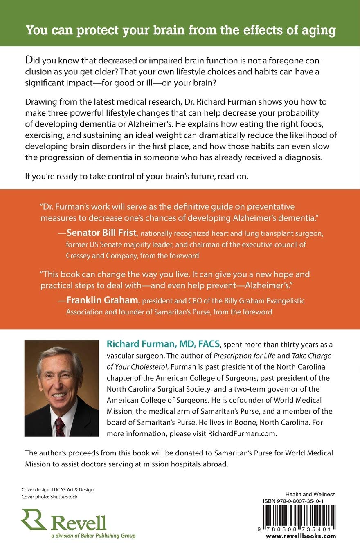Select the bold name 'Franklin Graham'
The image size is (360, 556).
(103, 301)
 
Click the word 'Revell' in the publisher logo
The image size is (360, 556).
(79, 523)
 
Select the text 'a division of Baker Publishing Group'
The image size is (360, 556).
(79, 536)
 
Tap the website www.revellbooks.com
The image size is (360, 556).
(301, 536)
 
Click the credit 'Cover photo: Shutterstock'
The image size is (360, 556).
(49, 497)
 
